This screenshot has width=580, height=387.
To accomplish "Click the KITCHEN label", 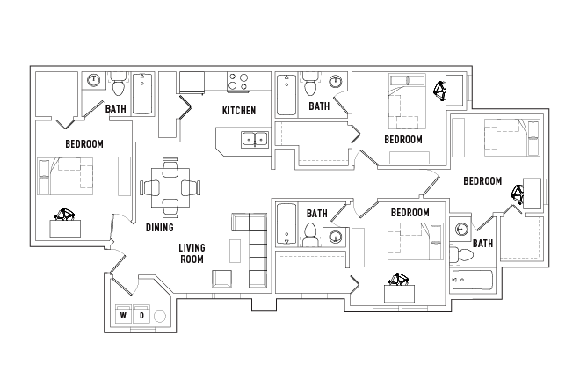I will pos(239,111).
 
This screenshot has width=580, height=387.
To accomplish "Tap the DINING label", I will pos(159,227).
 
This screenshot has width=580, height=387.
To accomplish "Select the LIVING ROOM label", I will pos(192,253).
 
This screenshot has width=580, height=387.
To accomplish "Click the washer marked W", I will pos(123,316).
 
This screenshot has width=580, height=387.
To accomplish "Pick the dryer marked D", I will pos(141,316).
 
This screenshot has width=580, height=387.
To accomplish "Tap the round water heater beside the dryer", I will pos(161,316).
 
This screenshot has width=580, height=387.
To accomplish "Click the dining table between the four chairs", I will pos(170,186).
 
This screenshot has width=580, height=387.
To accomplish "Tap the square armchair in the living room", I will pos(221,279).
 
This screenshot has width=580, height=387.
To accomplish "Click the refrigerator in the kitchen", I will pos(192,83).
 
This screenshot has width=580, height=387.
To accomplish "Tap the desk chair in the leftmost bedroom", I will pos(67,213).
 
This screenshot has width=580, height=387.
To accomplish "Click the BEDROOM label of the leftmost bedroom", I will pos(84,143).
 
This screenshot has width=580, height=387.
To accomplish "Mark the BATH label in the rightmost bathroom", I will pos(483,244).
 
